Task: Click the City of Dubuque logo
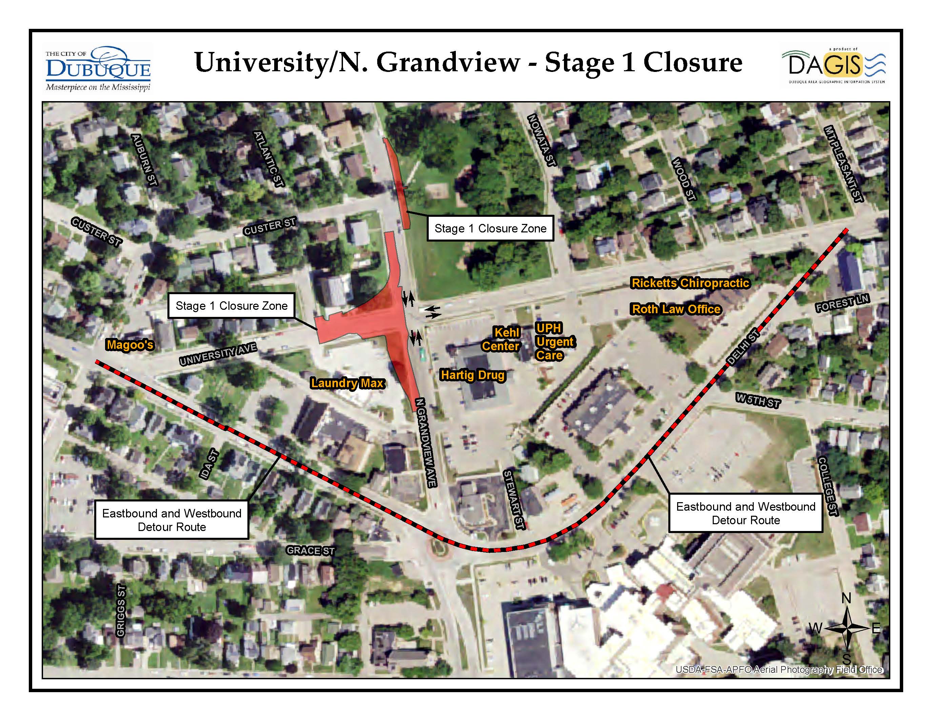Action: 98,68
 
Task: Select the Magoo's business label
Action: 130,345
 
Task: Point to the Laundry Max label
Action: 347,383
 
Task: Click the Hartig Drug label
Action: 472,375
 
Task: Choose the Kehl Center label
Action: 501,339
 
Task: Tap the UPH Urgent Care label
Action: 554,342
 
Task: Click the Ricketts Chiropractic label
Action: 690,283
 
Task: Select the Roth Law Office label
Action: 676,309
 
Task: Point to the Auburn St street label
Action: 144,160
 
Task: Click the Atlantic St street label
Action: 268,159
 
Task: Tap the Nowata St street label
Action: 542,140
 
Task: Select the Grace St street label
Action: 310,551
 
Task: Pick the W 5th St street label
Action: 758,401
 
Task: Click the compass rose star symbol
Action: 847,628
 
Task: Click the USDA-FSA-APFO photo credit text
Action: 779,670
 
